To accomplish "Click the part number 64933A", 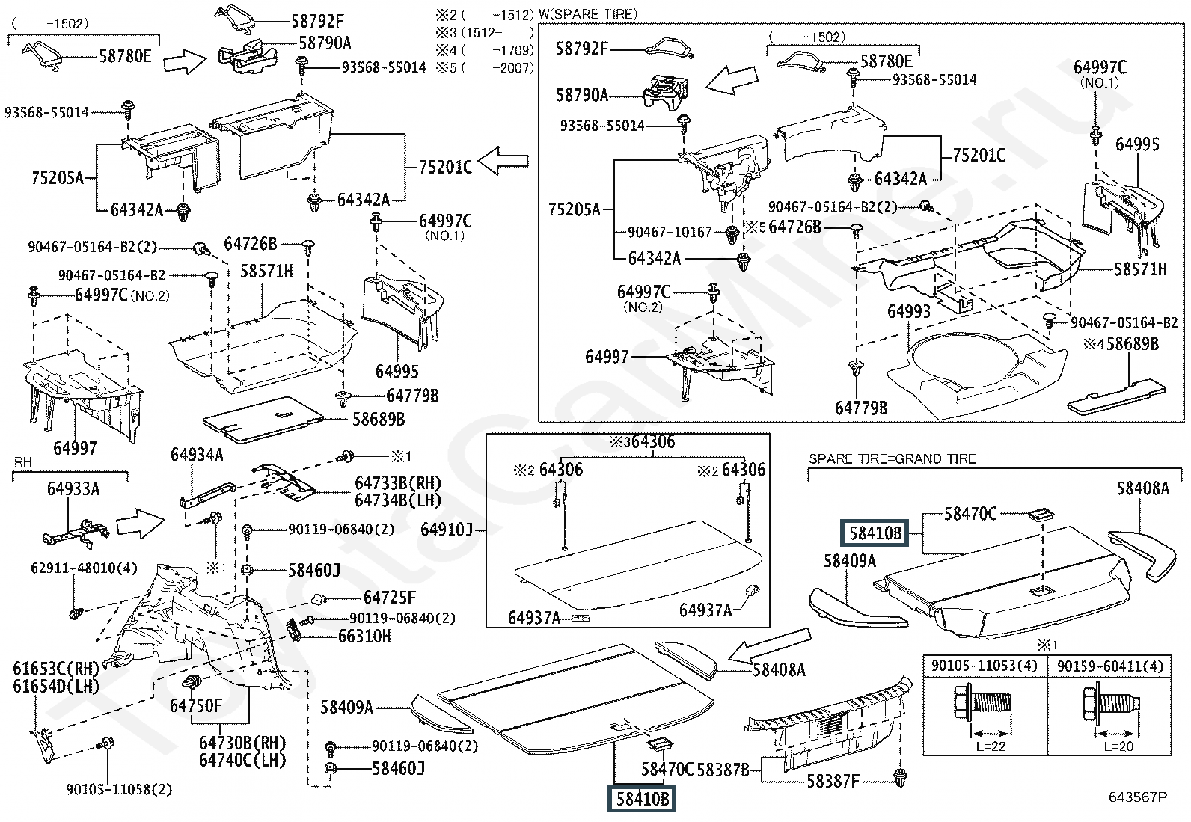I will [73, 489].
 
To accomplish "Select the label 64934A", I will [197, 455].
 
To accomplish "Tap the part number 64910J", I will [447, 530].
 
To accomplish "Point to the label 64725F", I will [390, 598].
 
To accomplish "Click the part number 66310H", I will [364, 637].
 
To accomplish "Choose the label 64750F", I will [196, 706].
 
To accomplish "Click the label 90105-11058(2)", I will [119, 789].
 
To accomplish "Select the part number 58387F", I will [833, 782].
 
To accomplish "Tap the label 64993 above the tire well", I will [909, 312].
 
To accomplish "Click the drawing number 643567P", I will [1137, 797].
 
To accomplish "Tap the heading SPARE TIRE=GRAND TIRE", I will [892, 459].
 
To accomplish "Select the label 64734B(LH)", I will [398, 500].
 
